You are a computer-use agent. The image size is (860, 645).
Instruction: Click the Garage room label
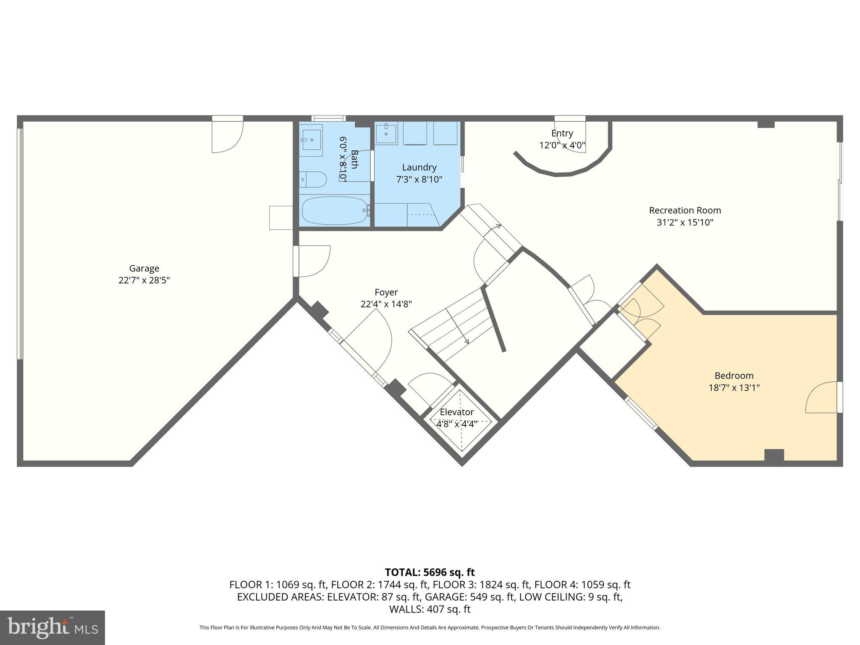144,268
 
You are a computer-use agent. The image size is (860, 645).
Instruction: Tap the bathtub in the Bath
335,211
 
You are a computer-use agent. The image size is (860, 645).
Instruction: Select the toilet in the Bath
313,179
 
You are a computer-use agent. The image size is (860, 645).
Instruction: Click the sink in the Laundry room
386,134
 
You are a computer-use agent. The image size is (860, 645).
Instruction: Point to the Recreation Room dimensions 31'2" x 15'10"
685,222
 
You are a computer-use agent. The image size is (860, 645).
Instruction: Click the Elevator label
457,412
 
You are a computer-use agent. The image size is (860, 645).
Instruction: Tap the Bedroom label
734,375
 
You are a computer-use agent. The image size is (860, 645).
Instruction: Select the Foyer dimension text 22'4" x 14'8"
386,304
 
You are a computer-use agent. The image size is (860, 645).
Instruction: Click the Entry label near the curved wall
562,133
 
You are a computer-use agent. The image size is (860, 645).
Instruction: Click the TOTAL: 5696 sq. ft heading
430,572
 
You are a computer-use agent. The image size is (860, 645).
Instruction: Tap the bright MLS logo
52,628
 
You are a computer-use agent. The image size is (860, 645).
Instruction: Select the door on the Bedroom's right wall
823,397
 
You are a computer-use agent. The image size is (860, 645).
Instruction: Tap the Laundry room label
419,168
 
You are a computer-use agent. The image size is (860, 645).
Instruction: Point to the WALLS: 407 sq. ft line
430,609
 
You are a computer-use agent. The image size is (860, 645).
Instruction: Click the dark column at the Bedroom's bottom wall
773,455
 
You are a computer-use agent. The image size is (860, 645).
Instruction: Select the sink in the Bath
311,139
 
